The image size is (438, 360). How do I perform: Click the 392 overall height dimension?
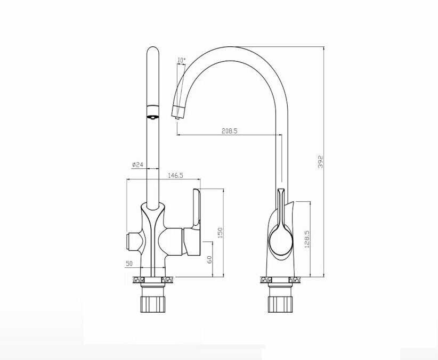320,162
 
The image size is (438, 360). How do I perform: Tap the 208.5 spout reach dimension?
229,130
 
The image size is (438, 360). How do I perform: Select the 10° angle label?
181,60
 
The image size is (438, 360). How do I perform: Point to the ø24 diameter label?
137,165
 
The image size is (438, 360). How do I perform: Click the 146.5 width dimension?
175,175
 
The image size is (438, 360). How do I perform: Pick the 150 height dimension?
220,233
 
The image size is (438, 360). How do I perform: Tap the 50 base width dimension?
129,264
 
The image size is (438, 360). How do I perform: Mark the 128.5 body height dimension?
307,239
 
